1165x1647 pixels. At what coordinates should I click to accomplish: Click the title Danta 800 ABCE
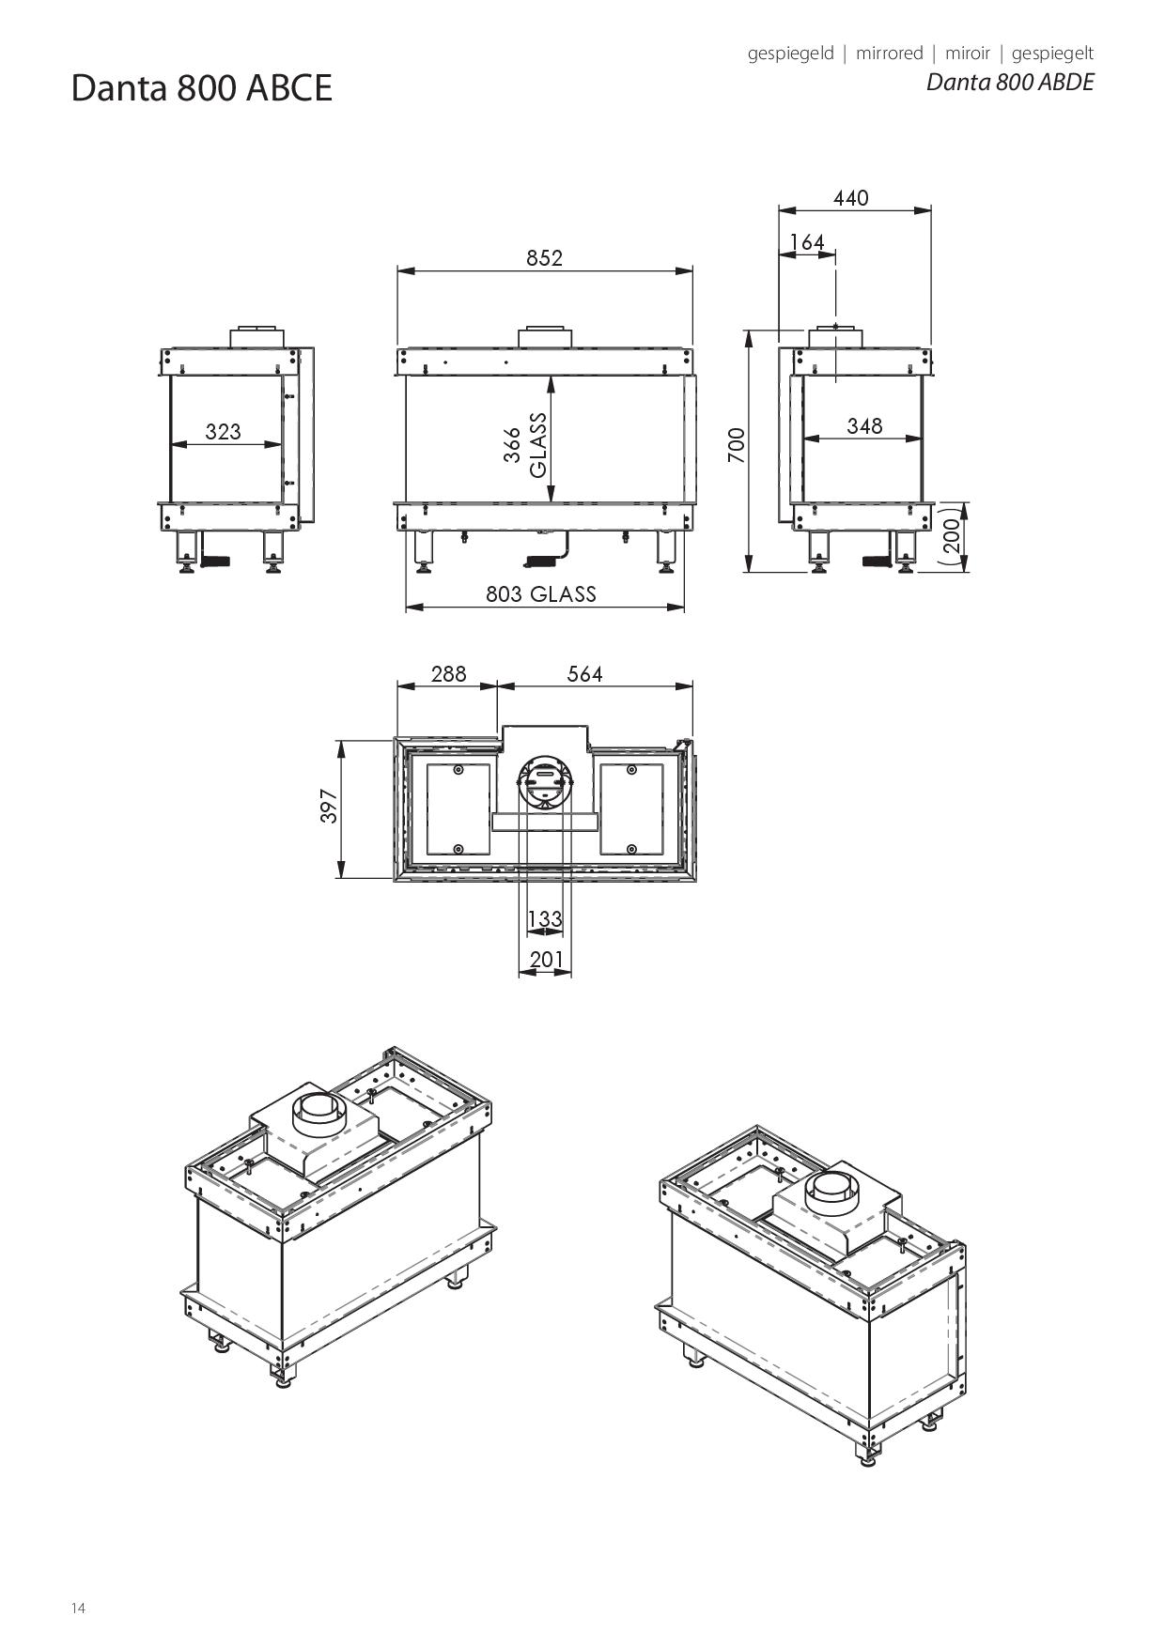coord(202,88)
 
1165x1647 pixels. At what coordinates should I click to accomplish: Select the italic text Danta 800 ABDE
coord(1010,82)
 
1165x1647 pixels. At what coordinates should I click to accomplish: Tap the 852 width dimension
coord(544,258)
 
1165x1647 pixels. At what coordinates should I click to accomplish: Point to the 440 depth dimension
coord(850,198)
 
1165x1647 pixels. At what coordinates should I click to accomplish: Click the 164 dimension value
coord(807,242)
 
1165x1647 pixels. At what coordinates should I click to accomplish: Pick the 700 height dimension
coord(737,445)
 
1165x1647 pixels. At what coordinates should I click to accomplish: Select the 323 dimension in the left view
coord(223,432)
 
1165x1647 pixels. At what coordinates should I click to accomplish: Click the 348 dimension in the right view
coord(864,426)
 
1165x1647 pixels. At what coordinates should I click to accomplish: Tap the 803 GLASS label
coord(540,593)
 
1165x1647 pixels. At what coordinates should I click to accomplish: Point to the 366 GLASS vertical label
coord(524,445)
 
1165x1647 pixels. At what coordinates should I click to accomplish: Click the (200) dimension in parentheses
coord(951,536)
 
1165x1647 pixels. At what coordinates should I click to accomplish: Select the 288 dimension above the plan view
coord(448,674)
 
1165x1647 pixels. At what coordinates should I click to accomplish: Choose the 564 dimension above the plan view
coord(584,674)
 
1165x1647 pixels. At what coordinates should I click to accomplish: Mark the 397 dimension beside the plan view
coord(329,806)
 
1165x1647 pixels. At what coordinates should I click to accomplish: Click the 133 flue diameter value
coord(545,918)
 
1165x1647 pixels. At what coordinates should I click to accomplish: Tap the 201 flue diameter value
coord(546,959)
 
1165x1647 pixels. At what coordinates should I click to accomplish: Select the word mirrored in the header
coord(889,54)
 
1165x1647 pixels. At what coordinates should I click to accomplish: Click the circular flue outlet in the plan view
coord(545,780)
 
